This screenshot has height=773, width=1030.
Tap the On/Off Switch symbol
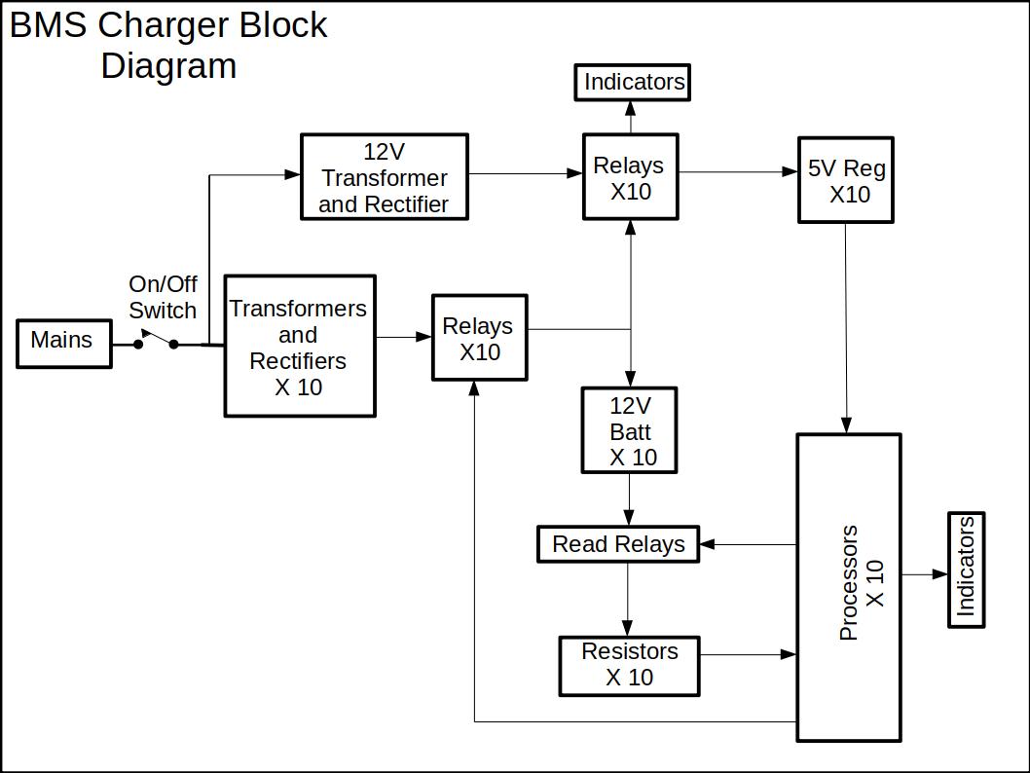pyautogui.click(x=156, y=340)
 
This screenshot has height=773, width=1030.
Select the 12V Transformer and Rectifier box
pyautogui.click(x=385, y=176)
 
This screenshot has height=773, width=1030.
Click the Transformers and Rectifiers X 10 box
pyautogui.click(x=300, y=347)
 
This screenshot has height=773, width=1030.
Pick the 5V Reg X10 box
pyautogui.click(x=846, y=180)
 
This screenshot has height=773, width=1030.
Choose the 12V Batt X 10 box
pyautogui.click(x=629, y=430)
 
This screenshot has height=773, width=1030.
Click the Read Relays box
pyautogui.click(x=618, y=544)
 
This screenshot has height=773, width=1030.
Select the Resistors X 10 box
pyautogui.click(x=629, y=666)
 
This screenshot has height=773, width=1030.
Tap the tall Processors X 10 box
pyautogui.click(x=849, y=587)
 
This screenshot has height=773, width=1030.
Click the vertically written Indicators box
pyautogui.click(x=966, y=570)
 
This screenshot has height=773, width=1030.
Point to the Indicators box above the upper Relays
pyautogui.click(x=633, y=82)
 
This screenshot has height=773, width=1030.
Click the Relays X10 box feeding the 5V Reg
pyautogui.click(x=630, y=176)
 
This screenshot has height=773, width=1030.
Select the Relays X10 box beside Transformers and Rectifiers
pyautogui.click(x=480, y=337)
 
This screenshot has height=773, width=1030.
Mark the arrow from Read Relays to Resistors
pyautogui.click(x=628, y=599)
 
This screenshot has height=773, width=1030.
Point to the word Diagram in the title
pyautogui.click(x=168, y=66)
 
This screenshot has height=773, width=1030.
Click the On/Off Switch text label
pyautogui.click(x=163, y=297)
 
